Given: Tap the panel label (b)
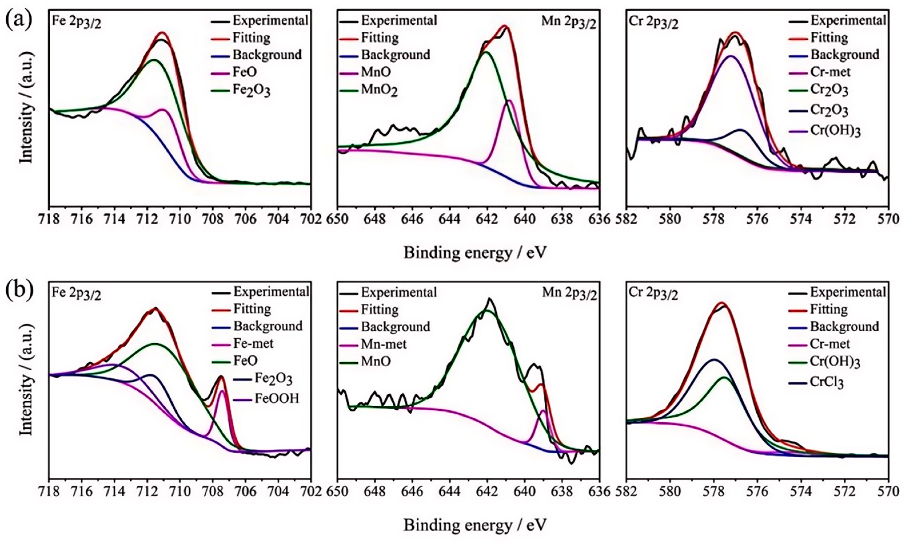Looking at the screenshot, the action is [x=19, y=290].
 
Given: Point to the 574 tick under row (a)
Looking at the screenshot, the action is [x=801, y=219].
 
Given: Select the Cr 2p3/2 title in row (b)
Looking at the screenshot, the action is [x=653, y=294].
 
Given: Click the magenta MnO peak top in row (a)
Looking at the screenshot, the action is [x=509, y=101].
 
